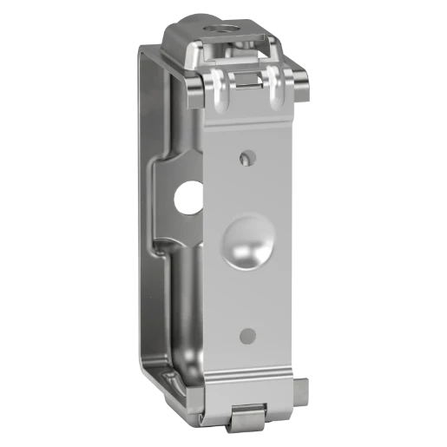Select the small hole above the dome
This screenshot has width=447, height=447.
[x=248, y=157]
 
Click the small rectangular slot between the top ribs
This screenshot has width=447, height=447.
[x=247, y=81]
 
